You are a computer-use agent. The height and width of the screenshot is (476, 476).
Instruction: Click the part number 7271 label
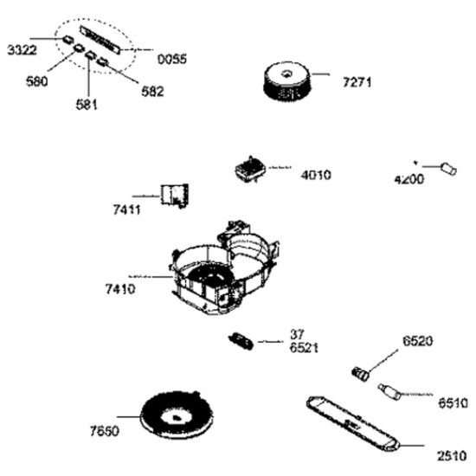[x=357, y=82]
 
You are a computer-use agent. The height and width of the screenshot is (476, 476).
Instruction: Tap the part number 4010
[x=316, y=175]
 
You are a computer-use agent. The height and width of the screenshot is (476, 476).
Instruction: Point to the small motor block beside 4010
[x=250, y=170]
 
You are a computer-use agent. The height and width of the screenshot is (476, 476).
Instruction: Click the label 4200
[x=409, y=179]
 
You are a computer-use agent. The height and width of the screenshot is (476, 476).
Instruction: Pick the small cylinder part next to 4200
[x=448, y=169]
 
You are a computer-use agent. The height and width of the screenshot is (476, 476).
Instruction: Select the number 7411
[x=127, y=209]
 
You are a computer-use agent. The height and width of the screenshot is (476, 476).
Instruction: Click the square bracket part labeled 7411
[x=175, y=196]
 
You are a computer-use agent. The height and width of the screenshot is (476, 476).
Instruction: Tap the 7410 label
[x=120, y=289]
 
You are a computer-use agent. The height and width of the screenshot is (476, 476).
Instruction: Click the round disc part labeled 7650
[x=177, y=415]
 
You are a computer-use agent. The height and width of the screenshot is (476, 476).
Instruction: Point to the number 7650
[x=105, y=431]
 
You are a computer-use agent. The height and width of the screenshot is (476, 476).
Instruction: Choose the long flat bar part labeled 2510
[x=353, y=424]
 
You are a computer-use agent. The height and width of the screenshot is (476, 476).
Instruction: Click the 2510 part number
[x=452, y=456]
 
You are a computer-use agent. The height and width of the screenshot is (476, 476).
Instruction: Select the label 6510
[x=453, y=403]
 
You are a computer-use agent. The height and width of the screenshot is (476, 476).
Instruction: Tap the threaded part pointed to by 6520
[x=361, y=374]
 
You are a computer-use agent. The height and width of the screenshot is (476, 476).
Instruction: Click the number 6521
[x=304, y=348]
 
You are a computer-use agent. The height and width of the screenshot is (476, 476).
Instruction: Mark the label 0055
[x=172, y=59]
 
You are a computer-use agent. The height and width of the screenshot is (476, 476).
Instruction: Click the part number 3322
[x=22, y=50]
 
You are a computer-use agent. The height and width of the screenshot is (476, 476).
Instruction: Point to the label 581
[x=87, y=105]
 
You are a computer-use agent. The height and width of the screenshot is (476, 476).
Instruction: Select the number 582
[x=152, y=92]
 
